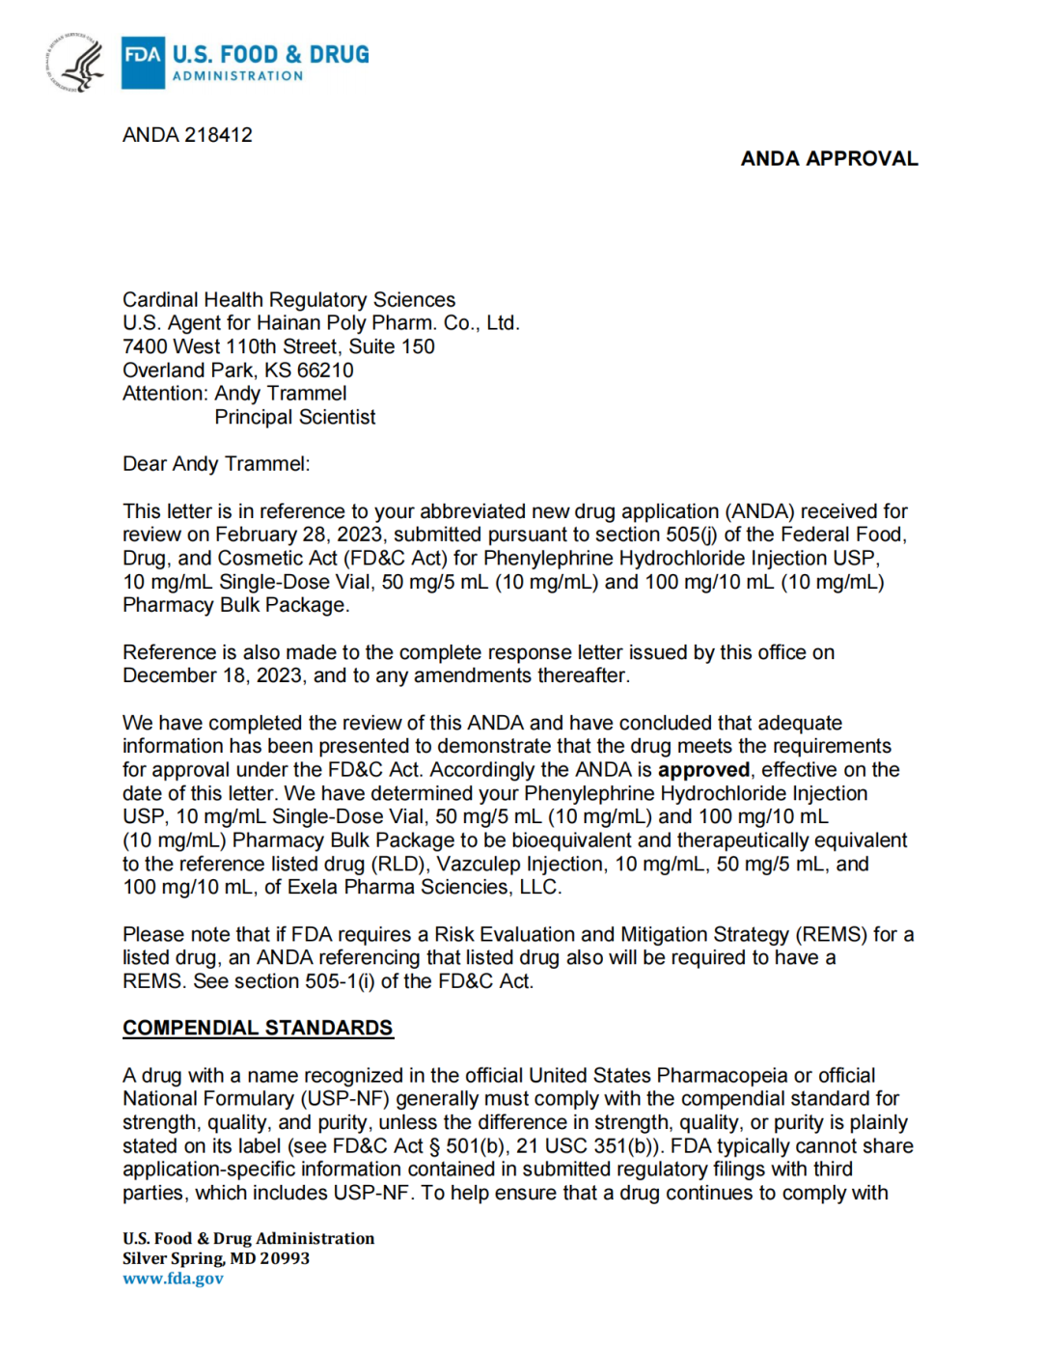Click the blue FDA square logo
click(143, 62)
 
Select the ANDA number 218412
click(218, 135)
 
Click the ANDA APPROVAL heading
click(829, 159)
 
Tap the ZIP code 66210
click(325, 371)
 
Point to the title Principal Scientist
click(295, 418)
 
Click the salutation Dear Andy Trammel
click(216, 464)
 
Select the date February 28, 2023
click(299, 535)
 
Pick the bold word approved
click(703, 770)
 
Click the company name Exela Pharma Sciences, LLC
click(424, 888)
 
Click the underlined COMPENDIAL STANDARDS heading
click(258, 1028)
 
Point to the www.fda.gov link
click(173, 1279)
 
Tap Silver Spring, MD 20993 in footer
click(216, 1258)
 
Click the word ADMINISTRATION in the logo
click(237, 76)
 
